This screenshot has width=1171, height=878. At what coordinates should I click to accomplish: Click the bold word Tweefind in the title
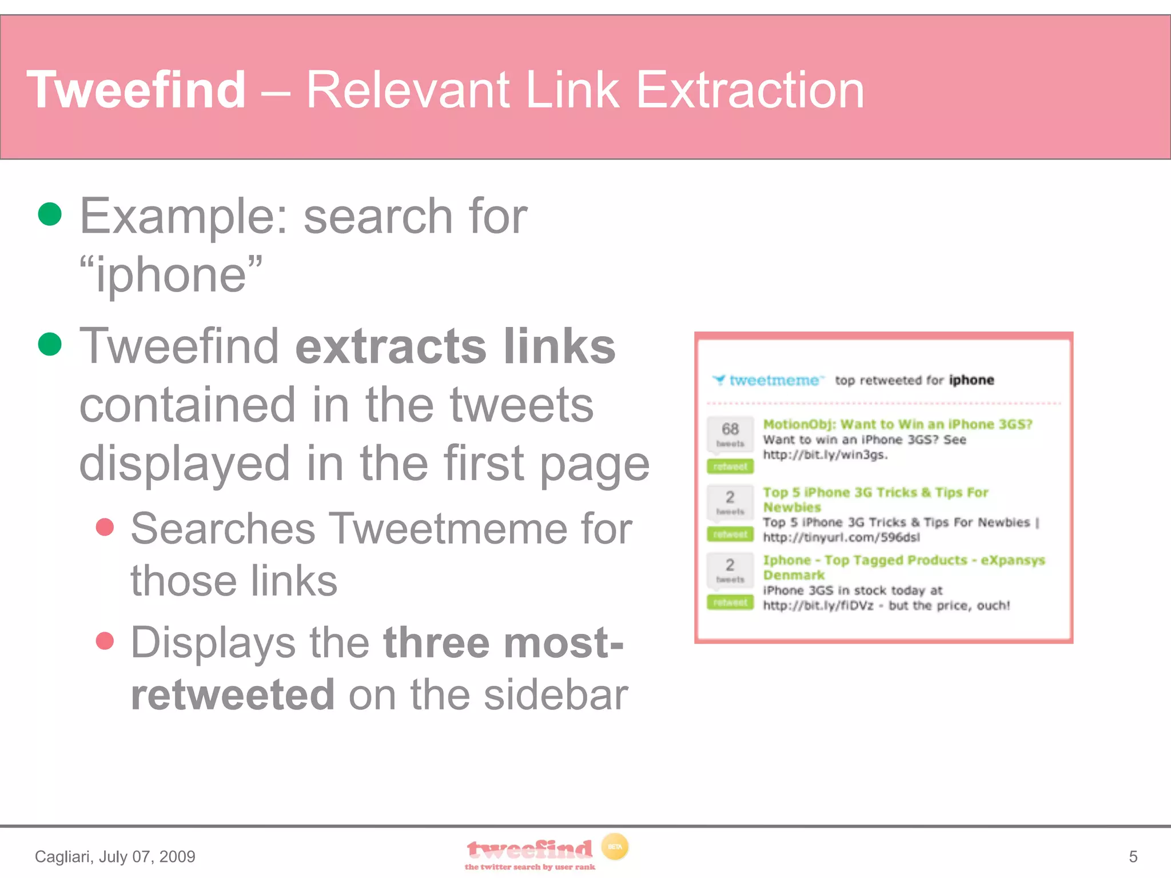[136, 90]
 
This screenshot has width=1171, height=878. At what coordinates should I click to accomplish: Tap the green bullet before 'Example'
[50, 214]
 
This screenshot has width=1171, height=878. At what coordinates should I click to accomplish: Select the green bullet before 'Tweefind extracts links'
[50, 344]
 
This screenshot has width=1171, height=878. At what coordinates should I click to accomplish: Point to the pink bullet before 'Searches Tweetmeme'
[105, 527]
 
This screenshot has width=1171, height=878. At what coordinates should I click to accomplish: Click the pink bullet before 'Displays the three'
[105, 641]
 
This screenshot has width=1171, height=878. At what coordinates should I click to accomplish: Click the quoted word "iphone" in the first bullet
[171, 275]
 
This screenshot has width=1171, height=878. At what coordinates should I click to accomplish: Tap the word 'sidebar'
[556, 695]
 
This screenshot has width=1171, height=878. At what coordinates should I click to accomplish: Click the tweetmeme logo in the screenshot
[768, 380]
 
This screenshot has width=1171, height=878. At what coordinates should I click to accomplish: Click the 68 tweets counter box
[730, 434]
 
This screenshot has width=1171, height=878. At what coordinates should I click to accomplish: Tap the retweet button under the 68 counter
[730, 466]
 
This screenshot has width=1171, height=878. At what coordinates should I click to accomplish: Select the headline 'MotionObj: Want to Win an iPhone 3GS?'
[897, 424]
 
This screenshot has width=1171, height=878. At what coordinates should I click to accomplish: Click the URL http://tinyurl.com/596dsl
[841, 537]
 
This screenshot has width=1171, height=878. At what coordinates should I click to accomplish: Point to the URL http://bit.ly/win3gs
[825, 455]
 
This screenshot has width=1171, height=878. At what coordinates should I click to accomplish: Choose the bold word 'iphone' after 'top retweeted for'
[971, 380]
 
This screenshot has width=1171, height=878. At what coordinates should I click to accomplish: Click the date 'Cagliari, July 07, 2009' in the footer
[115, 856]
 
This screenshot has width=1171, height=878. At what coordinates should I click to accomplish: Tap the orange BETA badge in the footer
[615, 847]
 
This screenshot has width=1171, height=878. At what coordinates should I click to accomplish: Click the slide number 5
[1133, 856]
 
